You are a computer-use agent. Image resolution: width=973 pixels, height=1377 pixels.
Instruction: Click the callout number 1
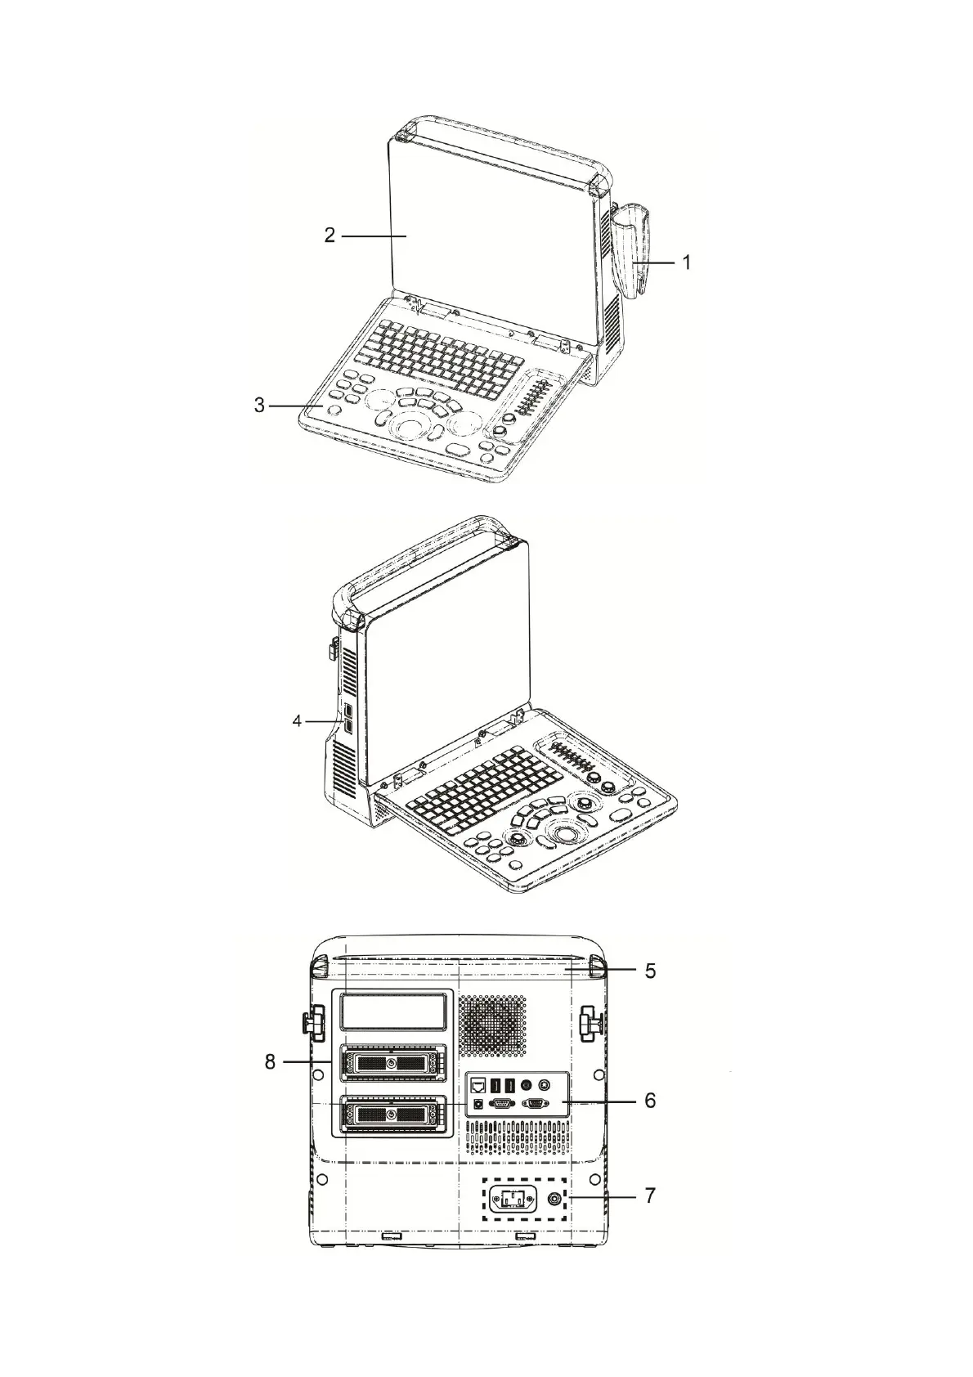[686, 262]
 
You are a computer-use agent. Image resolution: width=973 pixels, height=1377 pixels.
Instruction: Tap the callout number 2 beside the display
[329, 235]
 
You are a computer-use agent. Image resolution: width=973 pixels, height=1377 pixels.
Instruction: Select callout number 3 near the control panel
[259, 406]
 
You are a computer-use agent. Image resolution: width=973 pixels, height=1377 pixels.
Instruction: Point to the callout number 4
[298, 721]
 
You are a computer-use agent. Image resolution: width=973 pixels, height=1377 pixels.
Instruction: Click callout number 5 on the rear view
[650, 971]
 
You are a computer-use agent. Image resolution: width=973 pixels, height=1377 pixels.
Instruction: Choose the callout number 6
[650, 1101]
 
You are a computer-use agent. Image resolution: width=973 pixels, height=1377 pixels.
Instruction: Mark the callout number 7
[650, 1195]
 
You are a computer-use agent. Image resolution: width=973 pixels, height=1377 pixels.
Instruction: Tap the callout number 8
[270, 1062]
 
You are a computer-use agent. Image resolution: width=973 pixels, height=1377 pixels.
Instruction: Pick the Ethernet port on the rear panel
[478, 1085]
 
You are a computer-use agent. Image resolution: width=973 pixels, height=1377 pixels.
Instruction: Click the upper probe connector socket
[393, 1064]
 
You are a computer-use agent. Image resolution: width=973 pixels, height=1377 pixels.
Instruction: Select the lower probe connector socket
[393, 1115]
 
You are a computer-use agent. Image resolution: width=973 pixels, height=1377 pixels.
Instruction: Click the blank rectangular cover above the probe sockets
[394, 1011]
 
